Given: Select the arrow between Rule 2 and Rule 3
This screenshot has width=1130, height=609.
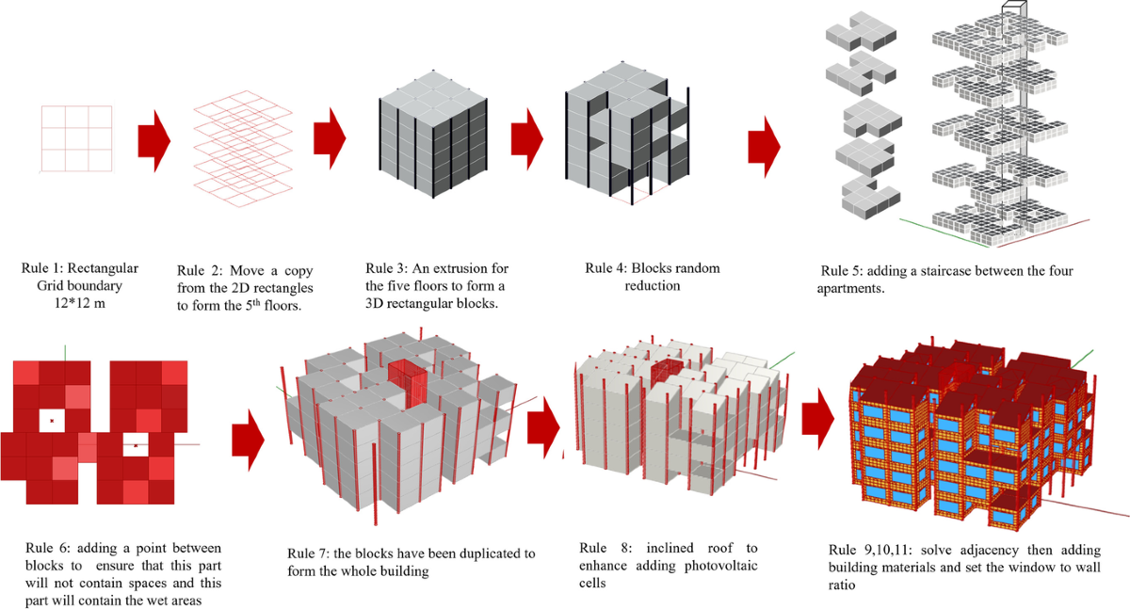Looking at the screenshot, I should tap(330, 139).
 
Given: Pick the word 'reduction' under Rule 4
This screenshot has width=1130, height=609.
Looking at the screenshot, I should tap(652, 284).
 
